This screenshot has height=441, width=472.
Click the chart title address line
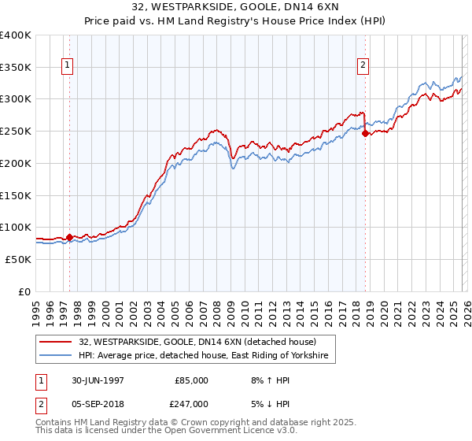click(236, 7)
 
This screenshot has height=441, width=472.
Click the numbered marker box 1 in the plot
click(68, 66)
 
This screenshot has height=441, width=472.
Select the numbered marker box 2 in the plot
click(363, 66)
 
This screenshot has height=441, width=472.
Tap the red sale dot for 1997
click(69, 236)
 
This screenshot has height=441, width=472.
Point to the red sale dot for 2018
click(365, 134)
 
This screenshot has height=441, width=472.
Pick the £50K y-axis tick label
click(17, 259)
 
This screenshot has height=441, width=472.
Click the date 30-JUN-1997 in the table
click(98, 380)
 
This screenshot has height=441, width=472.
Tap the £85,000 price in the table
click(192, 380)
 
